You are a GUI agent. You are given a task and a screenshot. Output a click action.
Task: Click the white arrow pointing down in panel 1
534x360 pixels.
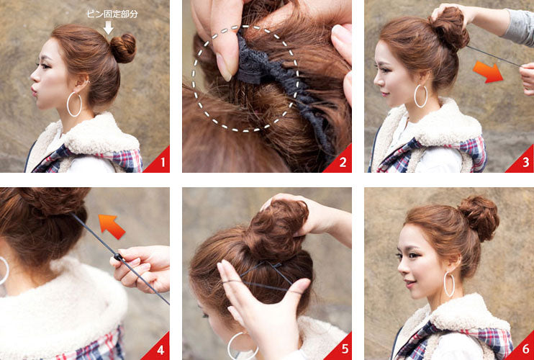pos(108,27)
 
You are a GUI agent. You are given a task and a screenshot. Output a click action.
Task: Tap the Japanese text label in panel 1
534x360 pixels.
pos(112,14)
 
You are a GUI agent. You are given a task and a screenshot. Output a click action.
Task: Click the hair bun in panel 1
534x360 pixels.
pos(123,48)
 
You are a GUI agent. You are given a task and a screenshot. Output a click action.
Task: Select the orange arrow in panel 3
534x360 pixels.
pos(488,72)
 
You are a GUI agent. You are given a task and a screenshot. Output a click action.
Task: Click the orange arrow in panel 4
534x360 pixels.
pos(112,226)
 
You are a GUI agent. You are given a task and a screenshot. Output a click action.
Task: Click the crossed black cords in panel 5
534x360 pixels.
pos(269,272)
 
